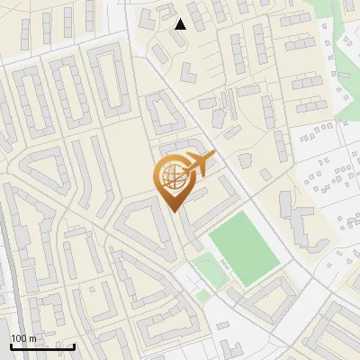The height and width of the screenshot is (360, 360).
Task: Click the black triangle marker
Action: coord(181,24)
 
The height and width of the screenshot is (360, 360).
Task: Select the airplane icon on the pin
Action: coord(197,164)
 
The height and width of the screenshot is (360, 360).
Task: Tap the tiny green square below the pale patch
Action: coord(203,294)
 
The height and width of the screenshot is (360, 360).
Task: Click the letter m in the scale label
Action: coord(32,337)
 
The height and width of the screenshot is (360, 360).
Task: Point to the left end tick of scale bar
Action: coord(11,345)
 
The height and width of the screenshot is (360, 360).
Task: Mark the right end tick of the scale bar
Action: coord(74,345)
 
